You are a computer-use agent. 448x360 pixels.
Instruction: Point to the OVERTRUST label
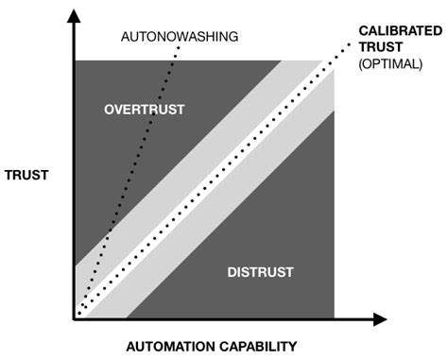[143, 111]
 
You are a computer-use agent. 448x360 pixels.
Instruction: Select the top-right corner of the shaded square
[334, 60]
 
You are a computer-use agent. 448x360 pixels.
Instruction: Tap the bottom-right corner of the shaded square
[334, 317]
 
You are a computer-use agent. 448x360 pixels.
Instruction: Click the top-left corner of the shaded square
[76, 60]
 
